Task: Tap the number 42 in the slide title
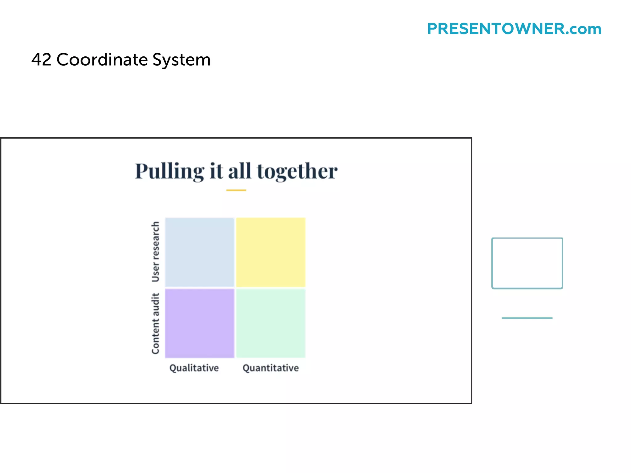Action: point(41,59)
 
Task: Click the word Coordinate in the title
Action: point(102,59)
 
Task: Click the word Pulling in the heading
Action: point(169,171)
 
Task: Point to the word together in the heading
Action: point(297,171)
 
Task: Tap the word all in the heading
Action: point(240,171)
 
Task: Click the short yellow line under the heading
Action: point(236,190)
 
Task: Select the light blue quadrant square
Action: point(199,252)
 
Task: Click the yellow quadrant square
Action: point(271,252)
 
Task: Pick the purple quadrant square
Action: point(199,323)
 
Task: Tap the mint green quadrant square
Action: point(271,323)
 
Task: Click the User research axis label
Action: point(156,252)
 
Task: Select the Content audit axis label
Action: point(156,323)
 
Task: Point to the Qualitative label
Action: point(194,368)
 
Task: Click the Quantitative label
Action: point(271,368)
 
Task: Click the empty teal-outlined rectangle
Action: point(527,263)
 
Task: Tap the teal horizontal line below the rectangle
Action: point(527,318)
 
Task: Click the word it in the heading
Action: point(216,171)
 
